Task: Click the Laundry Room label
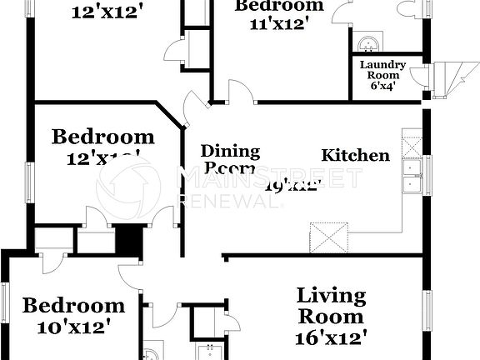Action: [382, 65]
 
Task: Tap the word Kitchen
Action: [356, 155]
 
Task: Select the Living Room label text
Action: [332, 306]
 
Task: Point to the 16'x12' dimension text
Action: [332, 337]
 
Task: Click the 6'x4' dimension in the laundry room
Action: [382, 84]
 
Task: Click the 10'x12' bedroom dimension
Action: [73, 327]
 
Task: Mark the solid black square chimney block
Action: [127, 241]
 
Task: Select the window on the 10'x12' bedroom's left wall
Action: [5, 312]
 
